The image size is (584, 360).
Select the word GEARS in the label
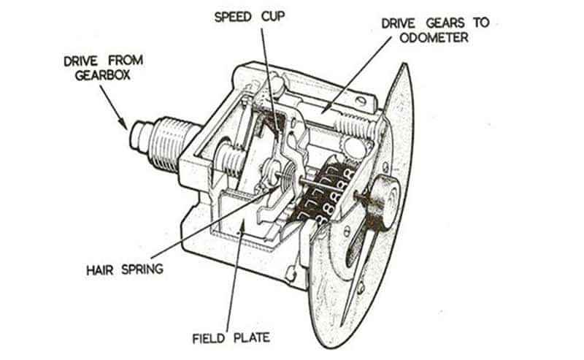[x=445, y=22]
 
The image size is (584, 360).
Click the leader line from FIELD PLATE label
[x=229, y=277]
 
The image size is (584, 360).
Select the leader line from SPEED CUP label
[x=263, y=73]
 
